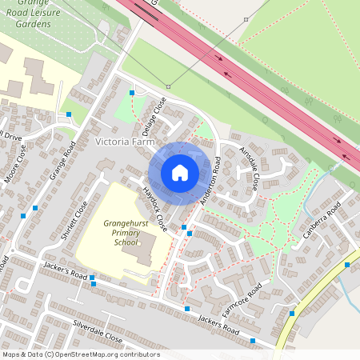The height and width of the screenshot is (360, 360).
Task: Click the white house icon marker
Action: click(x=179, y=171)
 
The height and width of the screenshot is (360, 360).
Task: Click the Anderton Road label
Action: click(x=210, y=182)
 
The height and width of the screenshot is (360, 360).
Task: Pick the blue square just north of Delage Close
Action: click(x=132, y=93)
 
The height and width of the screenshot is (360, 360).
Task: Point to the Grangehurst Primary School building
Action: click(x=140, y=252)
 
